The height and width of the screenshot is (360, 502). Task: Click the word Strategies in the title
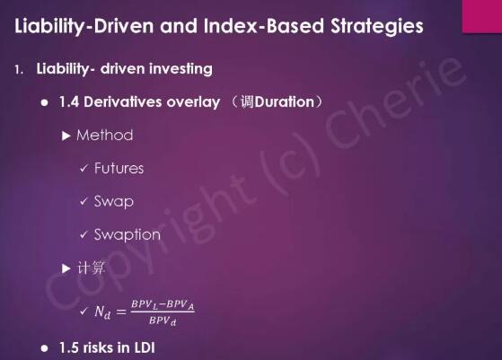377,27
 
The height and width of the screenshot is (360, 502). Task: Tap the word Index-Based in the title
263,26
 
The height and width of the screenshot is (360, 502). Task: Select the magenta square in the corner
482,16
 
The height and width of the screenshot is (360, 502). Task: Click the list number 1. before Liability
19,69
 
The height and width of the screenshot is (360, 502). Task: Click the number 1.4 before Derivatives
69,102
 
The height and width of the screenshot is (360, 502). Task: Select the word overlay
193,102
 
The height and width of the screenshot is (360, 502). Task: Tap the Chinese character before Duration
247,102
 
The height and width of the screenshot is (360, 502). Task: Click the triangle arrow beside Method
66,136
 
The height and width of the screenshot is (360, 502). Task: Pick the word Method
105,136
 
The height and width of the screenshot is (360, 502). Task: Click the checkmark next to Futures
84,168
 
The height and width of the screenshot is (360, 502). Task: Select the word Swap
114,202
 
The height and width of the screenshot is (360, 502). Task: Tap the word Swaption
128,235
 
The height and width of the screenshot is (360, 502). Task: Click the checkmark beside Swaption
84,235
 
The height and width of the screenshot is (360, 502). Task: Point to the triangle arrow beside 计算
66,268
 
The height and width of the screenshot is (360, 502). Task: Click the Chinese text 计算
91,268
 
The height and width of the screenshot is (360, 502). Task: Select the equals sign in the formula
121,312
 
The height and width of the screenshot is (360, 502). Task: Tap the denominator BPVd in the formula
163,320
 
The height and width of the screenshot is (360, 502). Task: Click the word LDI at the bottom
145,347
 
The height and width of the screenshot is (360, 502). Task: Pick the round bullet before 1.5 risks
45,348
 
